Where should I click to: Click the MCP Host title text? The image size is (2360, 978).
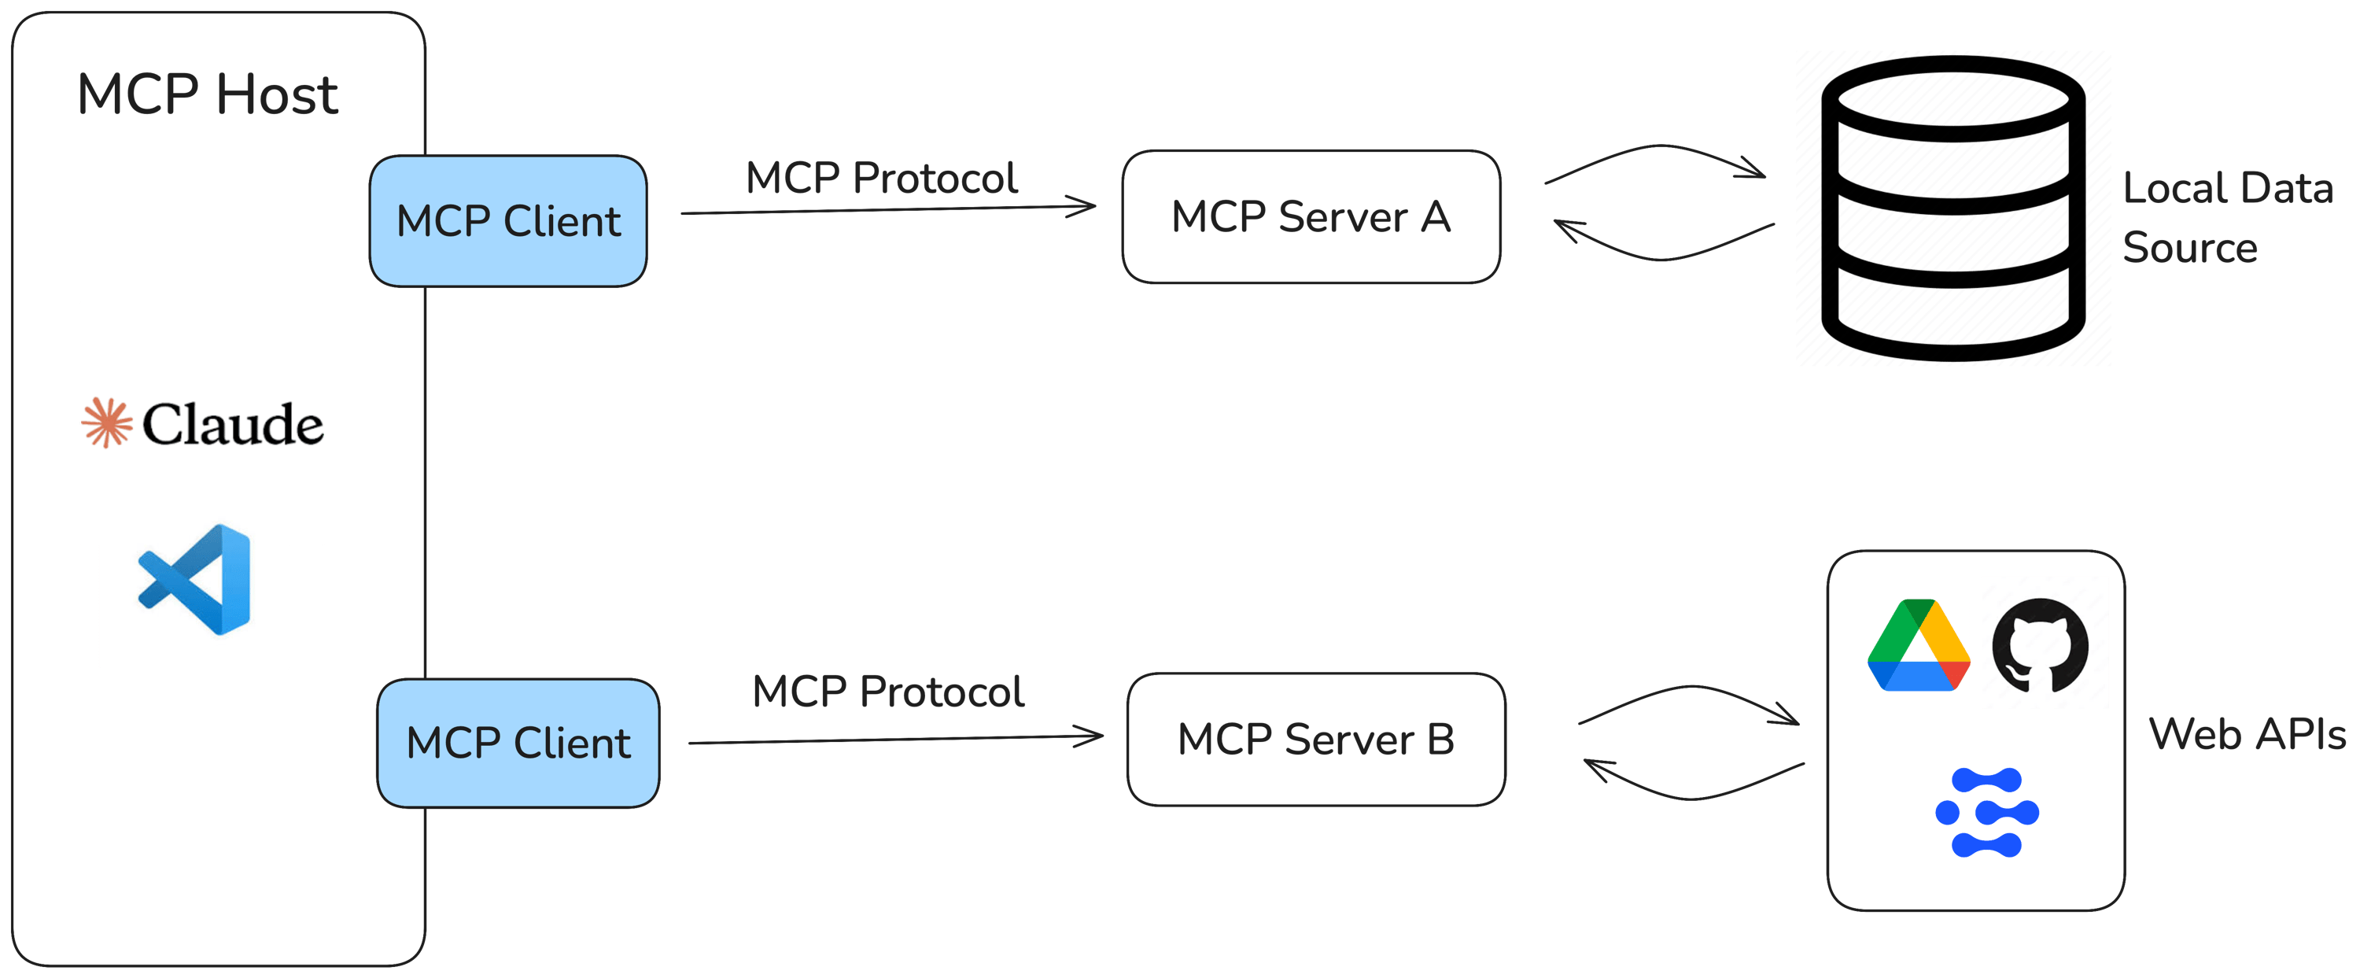pyautogui.click(x=208, y=94)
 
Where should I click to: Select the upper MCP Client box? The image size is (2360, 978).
pyautogui.click(x=508, y=221)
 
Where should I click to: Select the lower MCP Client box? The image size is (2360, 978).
pyautogui.click(x=518, y=743)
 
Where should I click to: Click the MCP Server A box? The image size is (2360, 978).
pyautogui.click(x=1311, y=217)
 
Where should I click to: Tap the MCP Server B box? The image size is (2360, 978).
pyautogui.click(x=1317, y=740)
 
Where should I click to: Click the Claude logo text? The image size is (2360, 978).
pyautogui.click(x=233, y=424)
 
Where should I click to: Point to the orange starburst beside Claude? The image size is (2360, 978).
pyautogui.click(x=107, y=423)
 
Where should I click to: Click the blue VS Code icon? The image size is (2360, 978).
pyautogui.click(x=195, y=579)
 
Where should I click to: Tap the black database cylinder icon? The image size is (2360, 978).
pyautogui.click(x=1953, y=209)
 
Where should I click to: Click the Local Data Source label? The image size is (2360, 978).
pyautogui.click(x=2226, y=218)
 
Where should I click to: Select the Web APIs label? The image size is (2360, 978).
pyautogui.click(x=2247, y=734)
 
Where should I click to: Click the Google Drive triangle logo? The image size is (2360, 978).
pyautogui.click(x=1919, y=645)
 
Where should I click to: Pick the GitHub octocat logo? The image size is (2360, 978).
pyautogui.click(x=2045, y=644)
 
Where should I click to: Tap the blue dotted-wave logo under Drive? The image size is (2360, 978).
pyautogui.click(x=1986, y=812)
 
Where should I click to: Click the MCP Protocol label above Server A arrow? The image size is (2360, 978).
pyautogui.click(x=881, y=178)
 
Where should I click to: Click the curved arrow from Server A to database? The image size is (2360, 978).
pyautogui.click(x=1658, y=149)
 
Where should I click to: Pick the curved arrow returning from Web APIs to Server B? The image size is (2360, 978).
pyautogui.click(x=1691, y=794)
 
